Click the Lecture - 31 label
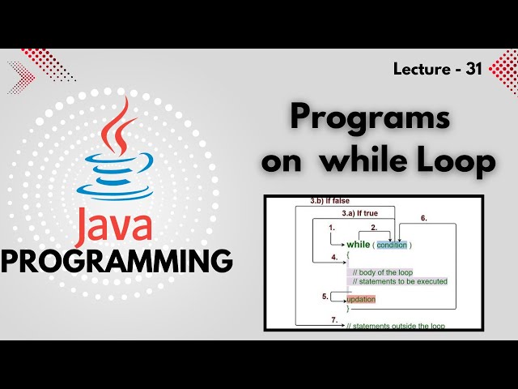coord(437,70)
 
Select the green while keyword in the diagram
coord(359,245)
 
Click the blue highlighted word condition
coord(392,245)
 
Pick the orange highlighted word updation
coord(361,299)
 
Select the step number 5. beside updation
coord(325,297)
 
